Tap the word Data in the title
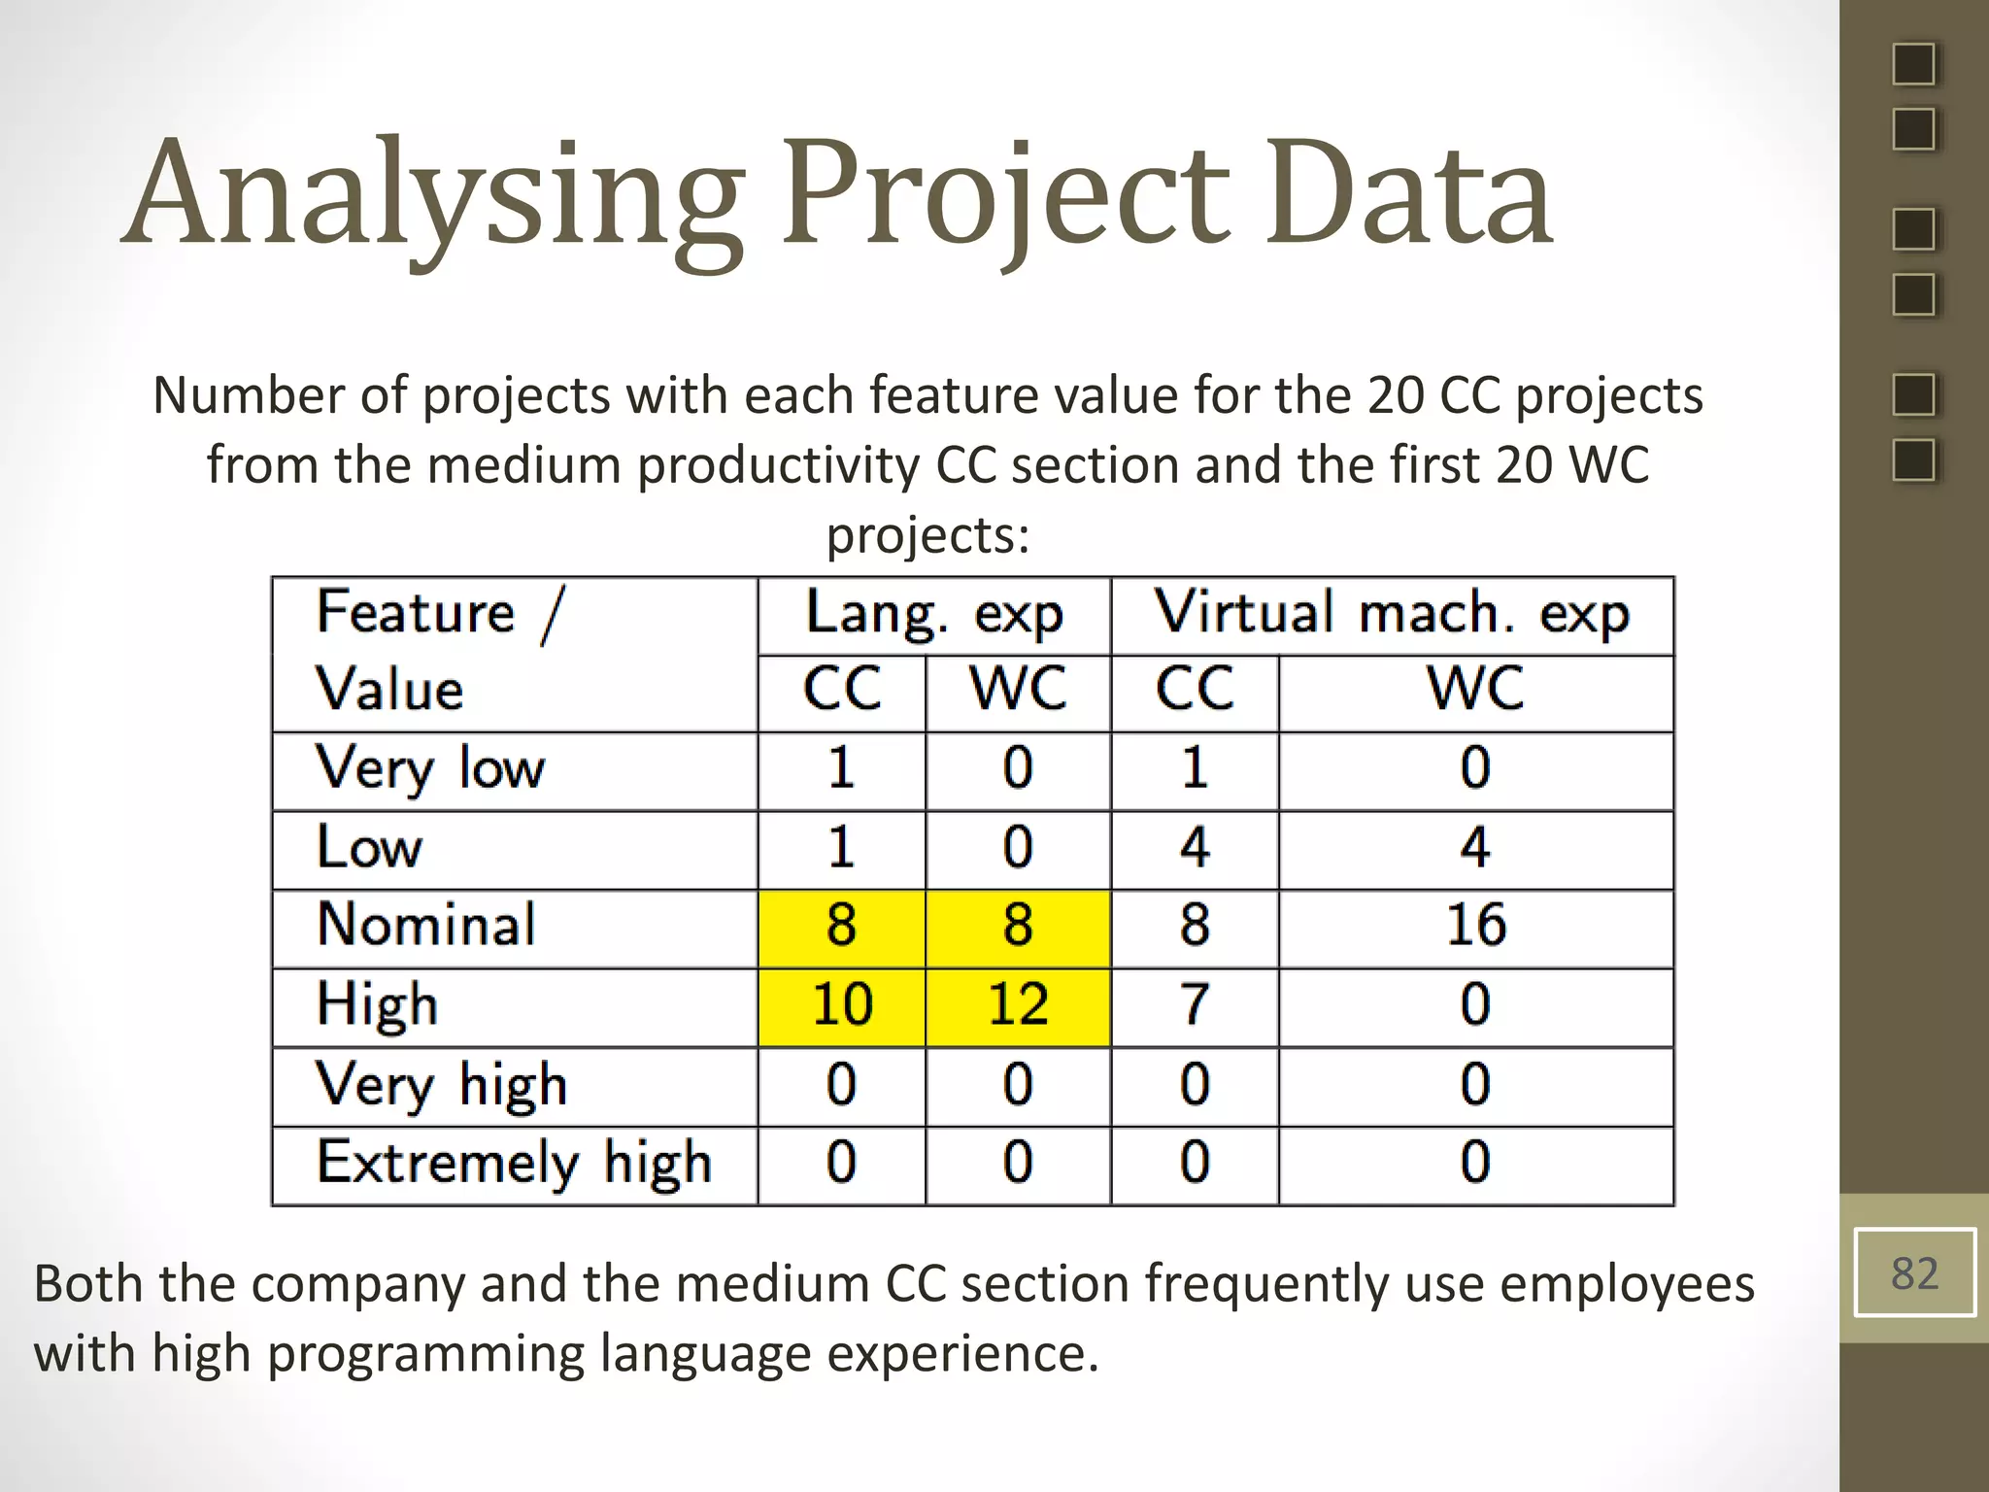point(1408,194)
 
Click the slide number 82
point(1914,1272)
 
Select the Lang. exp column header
point(934,614)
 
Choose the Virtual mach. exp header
point(1392,614)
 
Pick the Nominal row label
point(425,925)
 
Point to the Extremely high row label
point(514,1164)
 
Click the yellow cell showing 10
point(842,1005)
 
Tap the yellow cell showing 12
point(1018,1005)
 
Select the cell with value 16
point(1475,925)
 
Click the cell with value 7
point(1195,1005)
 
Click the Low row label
point(370,847)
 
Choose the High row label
point(377,1005)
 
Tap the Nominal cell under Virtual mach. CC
point(1195,925)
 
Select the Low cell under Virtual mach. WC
point(1475,847)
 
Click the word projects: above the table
point(927,535)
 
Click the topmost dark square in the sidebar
point(1914,65)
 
